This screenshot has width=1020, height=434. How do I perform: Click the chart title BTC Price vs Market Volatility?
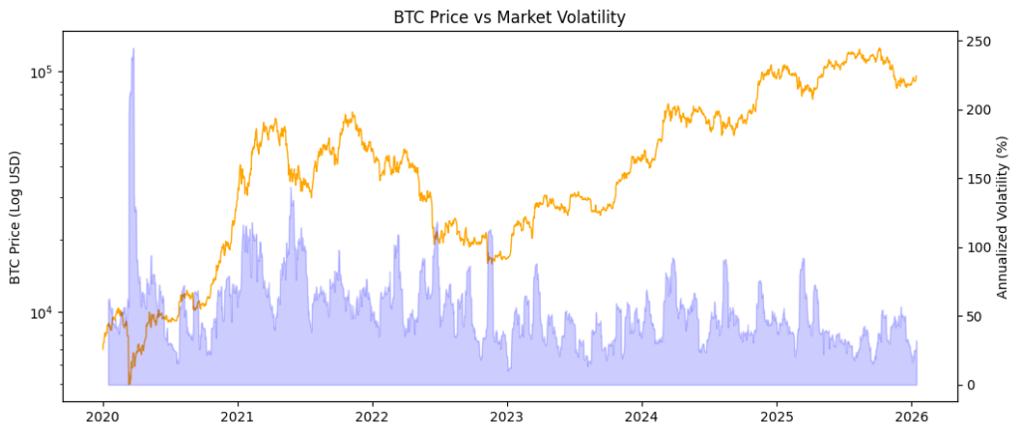510,16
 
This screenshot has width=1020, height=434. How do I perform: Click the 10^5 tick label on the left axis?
46,73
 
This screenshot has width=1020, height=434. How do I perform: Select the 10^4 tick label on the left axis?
46,313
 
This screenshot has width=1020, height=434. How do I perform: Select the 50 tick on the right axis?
972,317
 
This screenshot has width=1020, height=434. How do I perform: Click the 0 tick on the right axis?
969,385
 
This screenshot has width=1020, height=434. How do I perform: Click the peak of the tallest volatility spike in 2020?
133,49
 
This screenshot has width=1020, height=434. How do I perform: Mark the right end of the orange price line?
916,77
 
